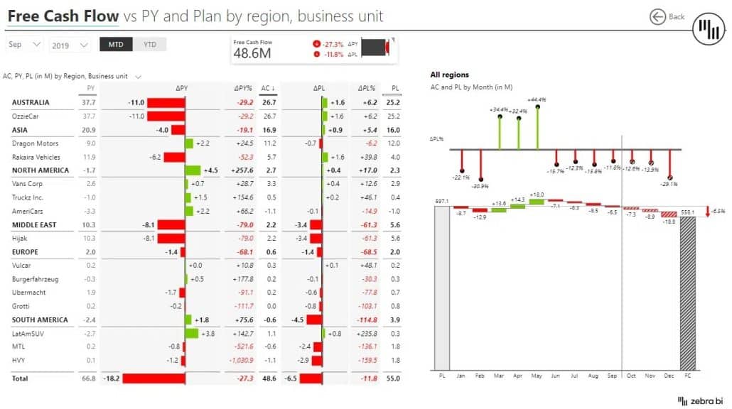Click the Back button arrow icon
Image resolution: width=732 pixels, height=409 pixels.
tap(657, 16)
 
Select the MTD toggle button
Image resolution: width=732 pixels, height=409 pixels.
tap(116, 45)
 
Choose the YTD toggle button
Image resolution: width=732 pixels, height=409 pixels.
tap(150, 45)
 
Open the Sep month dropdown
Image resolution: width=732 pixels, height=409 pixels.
tap(25, 45)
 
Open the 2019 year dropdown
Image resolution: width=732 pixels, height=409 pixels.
tap(70, 45)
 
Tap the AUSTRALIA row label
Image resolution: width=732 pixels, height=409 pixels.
tap(31, 103)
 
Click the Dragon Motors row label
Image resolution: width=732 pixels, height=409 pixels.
tap(36, 143)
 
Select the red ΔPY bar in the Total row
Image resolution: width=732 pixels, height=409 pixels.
tap(154, 378)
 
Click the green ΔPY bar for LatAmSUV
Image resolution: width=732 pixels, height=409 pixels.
tap(191, 333)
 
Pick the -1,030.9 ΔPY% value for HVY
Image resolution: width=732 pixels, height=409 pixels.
tap(240, 360)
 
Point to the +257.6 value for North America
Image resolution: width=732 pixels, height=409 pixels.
tap(242, 170)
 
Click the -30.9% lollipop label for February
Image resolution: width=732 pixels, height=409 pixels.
tap(481, 186)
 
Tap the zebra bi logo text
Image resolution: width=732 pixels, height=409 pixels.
tap(704, 401)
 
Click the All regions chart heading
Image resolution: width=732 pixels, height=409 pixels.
tap(449, 75)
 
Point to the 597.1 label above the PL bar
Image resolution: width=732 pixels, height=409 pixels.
tap(441, 201)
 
